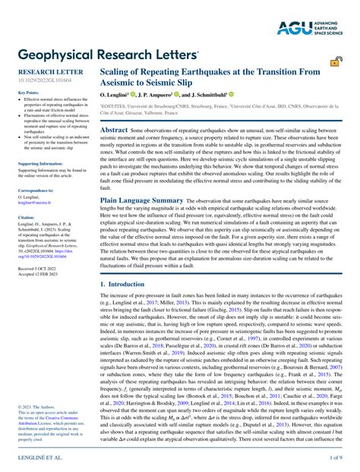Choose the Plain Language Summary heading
pos(142,200)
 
